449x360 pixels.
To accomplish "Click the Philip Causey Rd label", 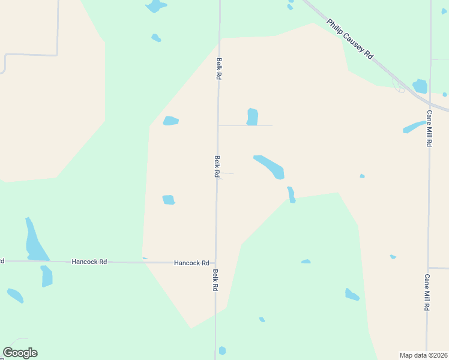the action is coord(350,39).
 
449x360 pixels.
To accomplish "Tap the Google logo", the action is coord(20,353).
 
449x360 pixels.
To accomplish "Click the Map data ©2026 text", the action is coord(424,355).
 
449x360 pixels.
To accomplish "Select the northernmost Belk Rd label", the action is coord(220,68).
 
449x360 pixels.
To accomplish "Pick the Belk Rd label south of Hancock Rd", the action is coord(215,280).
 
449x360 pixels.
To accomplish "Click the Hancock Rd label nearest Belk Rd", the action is coord(191,263).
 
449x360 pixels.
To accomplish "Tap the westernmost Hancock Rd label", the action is coord(89,262).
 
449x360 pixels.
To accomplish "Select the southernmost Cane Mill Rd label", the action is coord(427,292).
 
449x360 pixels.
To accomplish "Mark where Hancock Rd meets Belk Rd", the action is coord(216,262).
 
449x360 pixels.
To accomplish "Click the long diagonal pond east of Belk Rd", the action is coord(269,167).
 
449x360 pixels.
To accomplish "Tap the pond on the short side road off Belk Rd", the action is coord(253,116).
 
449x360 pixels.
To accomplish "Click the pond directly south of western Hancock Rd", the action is coord(46,276).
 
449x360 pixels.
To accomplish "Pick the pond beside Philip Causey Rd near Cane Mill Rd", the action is coord(420,86).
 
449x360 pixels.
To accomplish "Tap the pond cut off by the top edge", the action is coord(155,6).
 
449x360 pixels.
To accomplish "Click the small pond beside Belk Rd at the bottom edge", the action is coord(222,350).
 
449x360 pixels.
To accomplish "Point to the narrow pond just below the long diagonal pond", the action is coord(291,194).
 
